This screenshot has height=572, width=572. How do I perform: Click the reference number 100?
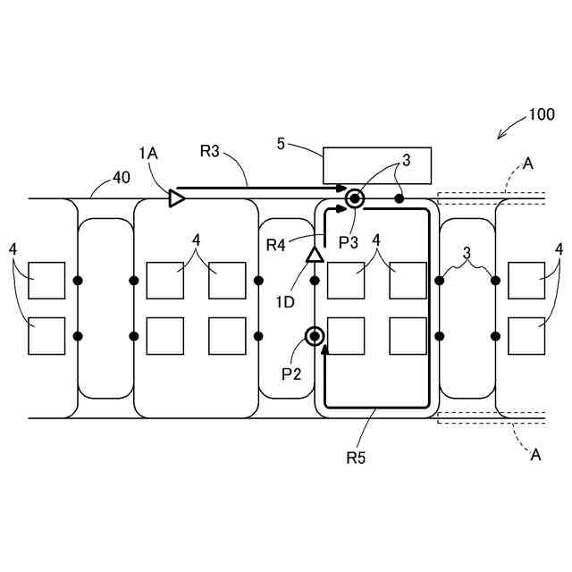[542, 114]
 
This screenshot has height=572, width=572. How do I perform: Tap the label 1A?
[148, 153]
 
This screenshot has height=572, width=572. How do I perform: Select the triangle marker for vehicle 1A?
[177, 198]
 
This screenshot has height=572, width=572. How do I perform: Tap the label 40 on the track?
[122, 178]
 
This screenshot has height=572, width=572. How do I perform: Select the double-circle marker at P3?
[355, 198]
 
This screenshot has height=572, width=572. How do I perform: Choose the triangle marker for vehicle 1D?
[315, 255]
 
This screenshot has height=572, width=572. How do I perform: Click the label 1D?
[284, 302]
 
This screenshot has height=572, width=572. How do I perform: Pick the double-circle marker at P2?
[315, 336]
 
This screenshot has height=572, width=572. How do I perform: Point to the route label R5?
[356, 458]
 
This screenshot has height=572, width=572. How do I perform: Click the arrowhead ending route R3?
[342, 189]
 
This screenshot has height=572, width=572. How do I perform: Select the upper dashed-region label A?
[528, 164]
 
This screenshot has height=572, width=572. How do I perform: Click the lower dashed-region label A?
[535, 454]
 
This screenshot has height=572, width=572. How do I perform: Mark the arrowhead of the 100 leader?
[500, 136]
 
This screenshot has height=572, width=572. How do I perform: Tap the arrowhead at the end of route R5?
[324, 349]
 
